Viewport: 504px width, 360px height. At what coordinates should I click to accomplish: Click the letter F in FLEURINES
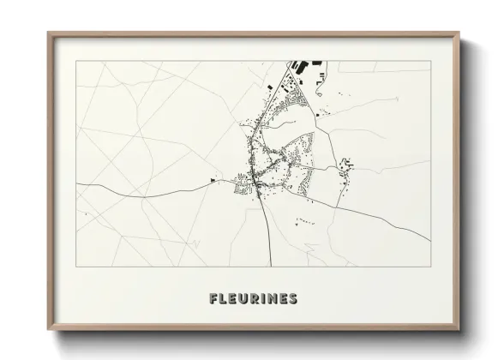(x=213, y=299)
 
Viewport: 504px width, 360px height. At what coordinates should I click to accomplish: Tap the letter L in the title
(x=224, y=299)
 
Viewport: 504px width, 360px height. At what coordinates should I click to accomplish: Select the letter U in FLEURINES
(x=245, y=299)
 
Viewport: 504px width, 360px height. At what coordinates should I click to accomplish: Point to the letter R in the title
(x=256, y=299)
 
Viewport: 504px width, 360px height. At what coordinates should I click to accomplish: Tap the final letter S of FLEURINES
(x=294, y=299)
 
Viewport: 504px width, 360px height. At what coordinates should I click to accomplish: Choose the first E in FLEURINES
(x=234, y=299)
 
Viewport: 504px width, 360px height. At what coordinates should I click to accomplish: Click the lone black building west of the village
(x=213, y=179)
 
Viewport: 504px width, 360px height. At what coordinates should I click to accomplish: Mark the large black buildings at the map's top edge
(x=302, y=65)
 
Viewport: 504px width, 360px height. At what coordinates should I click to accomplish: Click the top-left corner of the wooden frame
(x=48, y=33)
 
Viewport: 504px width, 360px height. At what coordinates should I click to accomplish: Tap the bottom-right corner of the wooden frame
(x=459, y=330)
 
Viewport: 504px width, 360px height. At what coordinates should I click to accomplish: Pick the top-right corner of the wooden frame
(x=459, y=33)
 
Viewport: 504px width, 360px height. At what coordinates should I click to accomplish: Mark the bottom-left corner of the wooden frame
(x=48, y=330)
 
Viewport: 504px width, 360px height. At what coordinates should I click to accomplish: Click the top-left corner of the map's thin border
(x=75, y=60)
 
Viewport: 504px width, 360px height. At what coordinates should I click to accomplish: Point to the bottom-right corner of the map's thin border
(x=430, y=267)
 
